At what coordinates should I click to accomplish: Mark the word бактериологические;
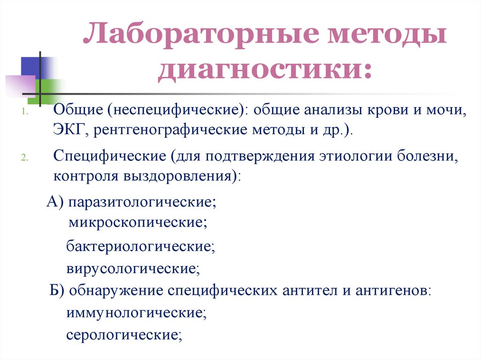click(140, 246)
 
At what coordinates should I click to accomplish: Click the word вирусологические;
click(133, 269)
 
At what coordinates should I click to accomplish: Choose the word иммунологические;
click(137, 312)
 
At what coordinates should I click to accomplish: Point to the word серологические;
click(124, 335)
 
